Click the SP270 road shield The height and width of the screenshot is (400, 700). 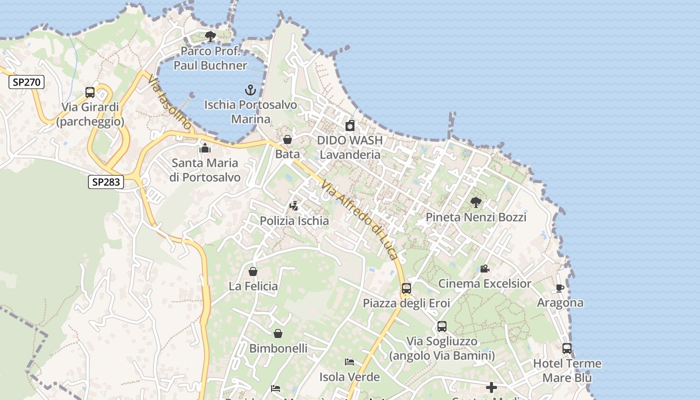[x=26, y=82]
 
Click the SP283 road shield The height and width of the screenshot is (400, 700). [x=106, y=182]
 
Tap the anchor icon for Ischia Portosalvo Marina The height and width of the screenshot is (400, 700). [x=250, y=90]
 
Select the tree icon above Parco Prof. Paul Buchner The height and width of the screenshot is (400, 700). [x=210, y=36]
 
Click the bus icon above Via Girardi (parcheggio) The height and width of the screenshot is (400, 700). [x=90, y=92]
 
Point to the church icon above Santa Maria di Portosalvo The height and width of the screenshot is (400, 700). [x=205, y=148]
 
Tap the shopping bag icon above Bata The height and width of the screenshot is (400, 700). [x=287, y=139]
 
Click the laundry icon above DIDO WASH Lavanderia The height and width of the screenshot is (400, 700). [x=350, y=125]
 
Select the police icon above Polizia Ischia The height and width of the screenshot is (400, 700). [x=294, y=206]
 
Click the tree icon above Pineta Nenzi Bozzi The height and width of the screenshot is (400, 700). [x=476, y=202]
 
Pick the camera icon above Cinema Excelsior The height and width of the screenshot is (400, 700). [x=484, y=269]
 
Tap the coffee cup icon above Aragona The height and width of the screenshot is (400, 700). [x=560, y=288]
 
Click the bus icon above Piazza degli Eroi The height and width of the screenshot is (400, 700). [x=406, y=288]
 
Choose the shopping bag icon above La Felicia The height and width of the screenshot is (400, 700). [x=253, y=271]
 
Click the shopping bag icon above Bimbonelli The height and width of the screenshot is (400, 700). [x=278, y=333]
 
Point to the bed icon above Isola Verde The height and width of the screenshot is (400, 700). [x=349, y=362]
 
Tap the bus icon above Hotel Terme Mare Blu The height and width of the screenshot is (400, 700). [x=567, y=348]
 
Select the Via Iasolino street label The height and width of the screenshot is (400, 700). [x=169, y=102]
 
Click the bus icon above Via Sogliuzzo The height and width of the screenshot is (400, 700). [x=442, y=326]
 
